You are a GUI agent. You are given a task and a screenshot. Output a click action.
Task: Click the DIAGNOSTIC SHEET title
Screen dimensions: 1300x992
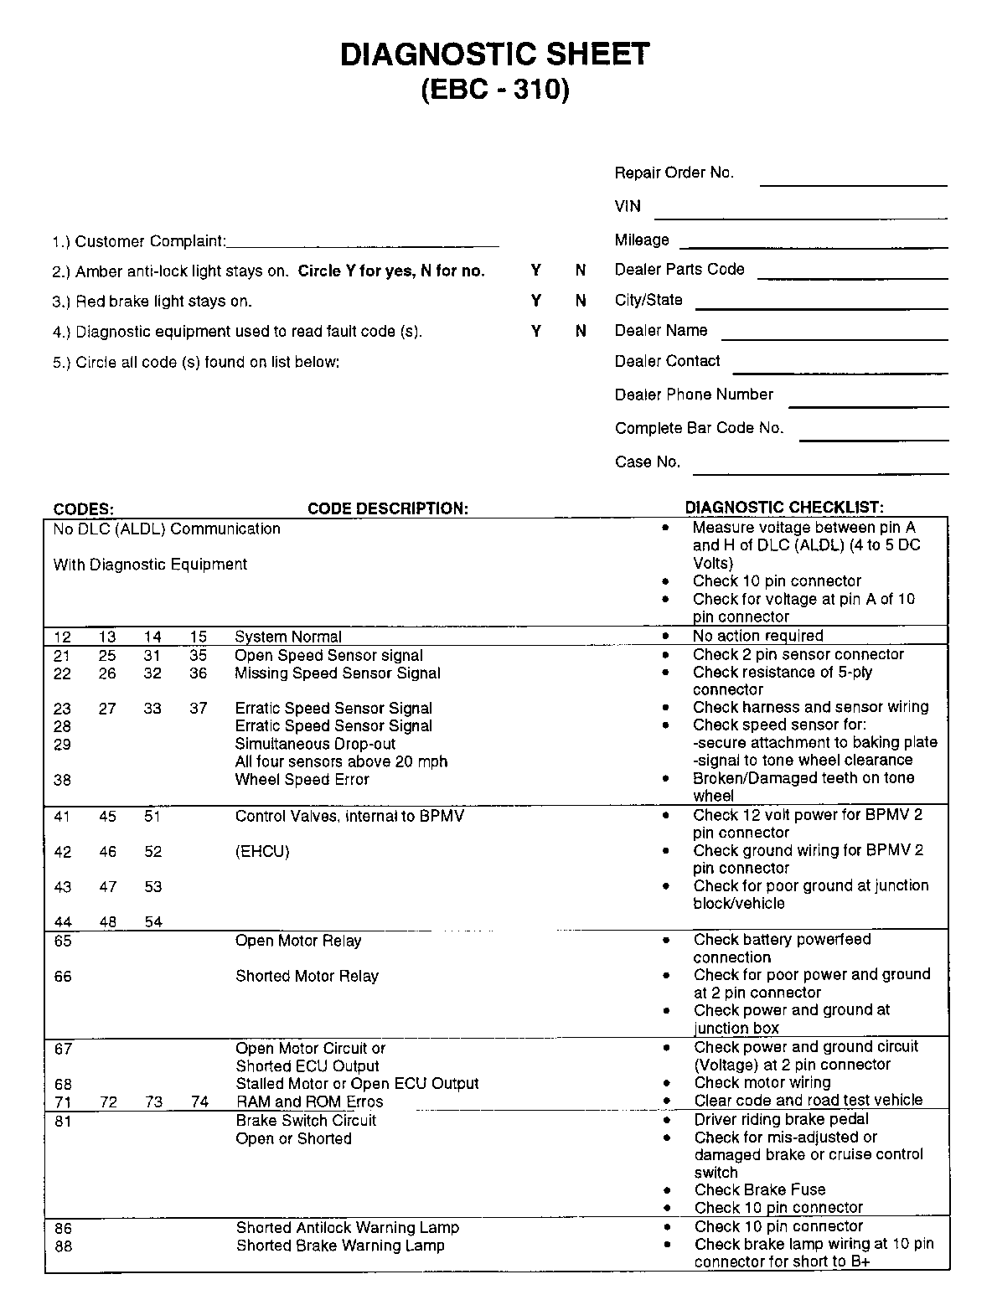pos(494,54)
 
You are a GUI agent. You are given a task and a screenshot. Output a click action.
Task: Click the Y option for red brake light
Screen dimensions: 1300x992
pos(536,301)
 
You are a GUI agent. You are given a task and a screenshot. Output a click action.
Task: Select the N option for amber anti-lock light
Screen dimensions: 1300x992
pos(581,271)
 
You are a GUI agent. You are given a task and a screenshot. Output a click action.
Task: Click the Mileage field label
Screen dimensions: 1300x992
pos(642,240)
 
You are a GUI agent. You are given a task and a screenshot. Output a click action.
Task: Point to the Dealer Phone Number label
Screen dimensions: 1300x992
pos(694,395)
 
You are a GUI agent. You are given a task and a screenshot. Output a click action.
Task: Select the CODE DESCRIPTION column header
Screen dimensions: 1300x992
pos(388,508)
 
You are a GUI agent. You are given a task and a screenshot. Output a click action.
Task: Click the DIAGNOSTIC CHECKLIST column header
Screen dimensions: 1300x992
pos(784,508)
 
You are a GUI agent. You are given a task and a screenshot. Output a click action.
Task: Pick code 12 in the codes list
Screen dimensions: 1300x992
pos(63,637)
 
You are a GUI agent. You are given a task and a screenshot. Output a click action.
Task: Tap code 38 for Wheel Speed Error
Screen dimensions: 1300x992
pos(62,780)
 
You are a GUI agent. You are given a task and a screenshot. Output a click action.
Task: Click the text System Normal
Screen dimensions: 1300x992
pos(288,637)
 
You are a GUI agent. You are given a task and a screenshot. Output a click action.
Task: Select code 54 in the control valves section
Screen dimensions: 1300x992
pos(152,922)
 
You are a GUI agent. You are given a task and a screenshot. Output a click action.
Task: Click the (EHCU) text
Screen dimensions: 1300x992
pos(262,852)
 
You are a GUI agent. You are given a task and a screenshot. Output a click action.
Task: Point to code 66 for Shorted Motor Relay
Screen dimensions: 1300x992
pos(63,977)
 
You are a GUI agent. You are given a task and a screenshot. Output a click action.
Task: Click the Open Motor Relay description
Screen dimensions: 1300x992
pos(298,941)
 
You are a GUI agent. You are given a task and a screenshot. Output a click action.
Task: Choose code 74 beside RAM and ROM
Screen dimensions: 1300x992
pos(199,1102)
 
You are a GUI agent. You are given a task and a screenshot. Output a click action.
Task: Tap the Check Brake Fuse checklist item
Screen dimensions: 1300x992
pos(760,1190)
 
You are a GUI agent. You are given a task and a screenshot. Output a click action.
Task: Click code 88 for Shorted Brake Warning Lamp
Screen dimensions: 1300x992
pos(63,1246)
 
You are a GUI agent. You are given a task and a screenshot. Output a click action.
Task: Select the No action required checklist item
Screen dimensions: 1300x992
pos(758,636)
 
